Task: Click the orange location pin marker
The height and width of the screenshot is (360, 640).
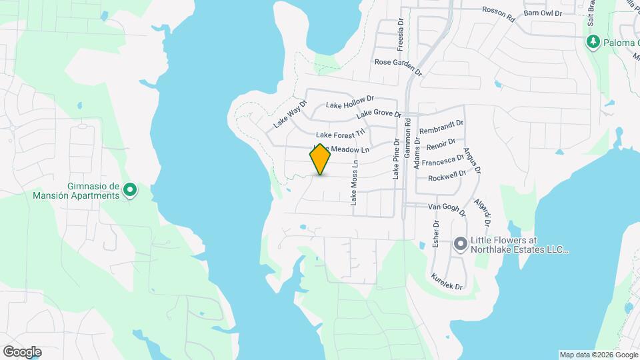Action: click(x=320, y=159)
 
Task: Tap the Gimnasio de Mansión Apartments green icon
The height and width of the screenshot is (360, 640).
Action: click(x=131, y=191)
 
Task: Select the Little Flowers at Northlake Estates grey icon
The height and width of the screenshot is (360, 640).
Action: click(x=460, y=245)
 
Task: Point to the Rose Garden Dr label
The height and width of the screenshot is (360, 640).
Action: click(x=398, y=65)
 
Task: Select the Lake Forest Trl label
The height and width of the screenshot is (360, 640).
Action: click(x=341, y=134)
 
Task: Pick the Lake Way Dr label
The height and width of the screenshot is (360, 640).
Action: click(x=289, y=115)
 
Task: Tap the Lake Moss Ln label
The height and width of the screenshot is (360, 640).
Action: click(x=355, y=181)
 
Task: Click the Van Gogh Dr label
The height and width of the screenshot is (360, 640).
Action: click(x=447, y=209)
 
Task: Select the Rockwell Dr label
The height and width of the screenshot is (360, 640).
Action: click(x=447, y=177)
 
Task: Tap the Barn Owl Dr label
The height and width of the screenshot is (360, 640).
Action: click(x=543, y=13)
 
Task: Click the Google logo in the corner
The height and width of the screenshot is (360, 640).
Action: click(x=22, y=351)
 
